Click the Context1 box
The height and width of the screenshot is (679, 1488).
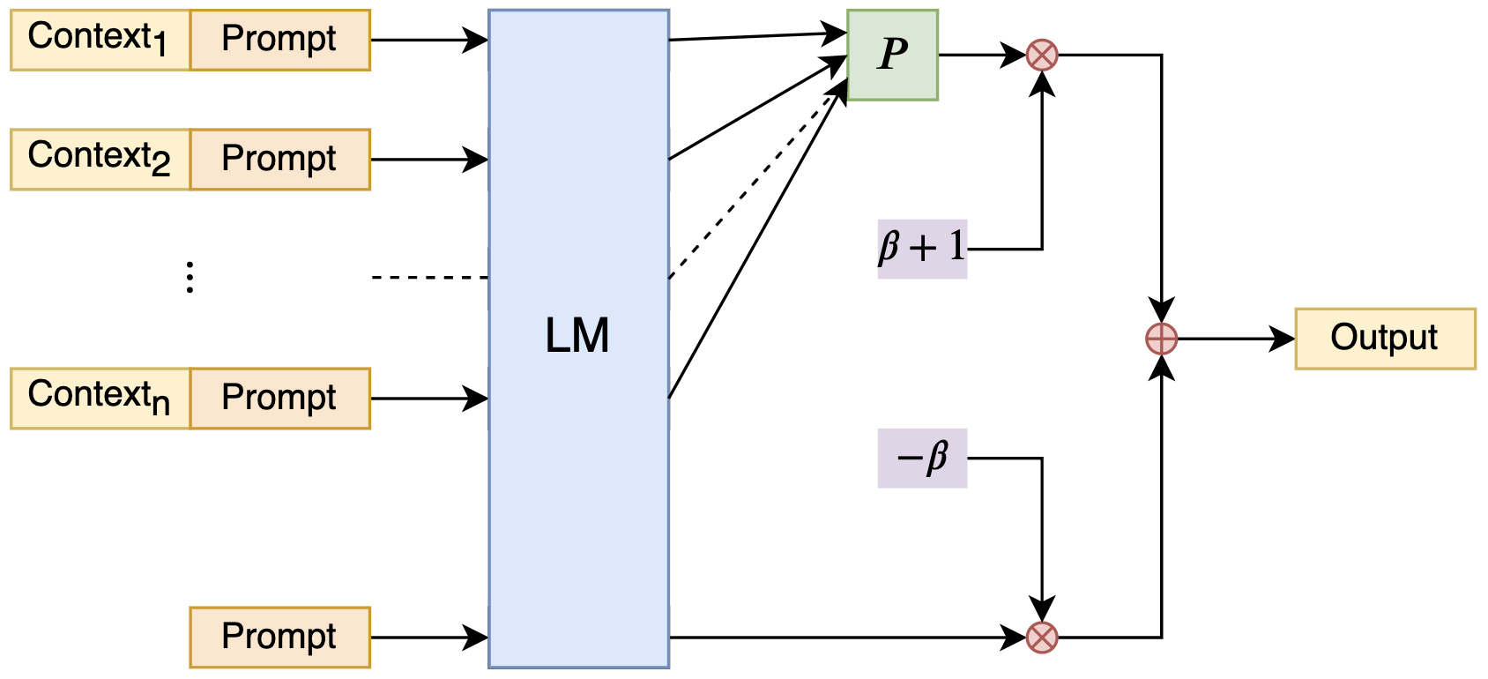click(x=100, y=40)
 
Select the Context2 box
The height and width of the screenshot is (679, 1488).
click(x=100, y=160)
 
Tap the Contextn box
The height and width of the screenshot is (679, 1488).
click(x=100, y=399)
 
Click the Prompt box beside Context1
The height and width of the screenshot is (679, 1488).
click(x=279, y=40)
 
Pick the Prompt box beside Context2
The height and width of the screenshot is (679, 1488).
click(x=279, y=160)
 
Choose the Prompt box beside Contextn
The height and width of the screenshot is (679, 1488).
click(x=279, y=399)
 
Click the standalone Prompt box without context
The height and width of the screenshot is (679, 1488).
click(x=279, y=637)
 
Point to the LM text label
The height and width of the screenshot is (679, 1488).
click(x=577, y=336)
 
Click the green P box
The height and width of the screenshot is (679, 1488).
click(x=892, y=55)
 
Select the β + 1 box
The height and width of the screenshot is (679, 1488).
click(x=922, y=249)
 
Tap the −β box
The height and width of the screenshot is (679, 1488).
click(x=922, y=458)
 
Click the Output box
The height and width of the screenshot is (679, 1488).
click(x=1385, y=339)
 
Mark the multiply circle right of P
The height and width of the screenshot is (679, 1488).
click(x=1042, y=55)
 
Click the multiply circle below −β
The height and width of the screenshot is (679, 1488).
click(x=1042, y=637)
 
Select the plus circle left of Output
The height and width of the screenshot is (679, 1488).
click(x=1161, y=339)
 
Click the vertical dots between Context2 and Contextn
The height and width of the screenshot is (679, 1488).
click(x=190, y=277)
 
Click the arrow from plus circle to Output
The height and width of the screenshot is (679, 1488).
click(x=1234, y=339)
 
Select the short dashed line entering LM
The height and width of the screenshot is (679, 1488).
click(x=429, y=278)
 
